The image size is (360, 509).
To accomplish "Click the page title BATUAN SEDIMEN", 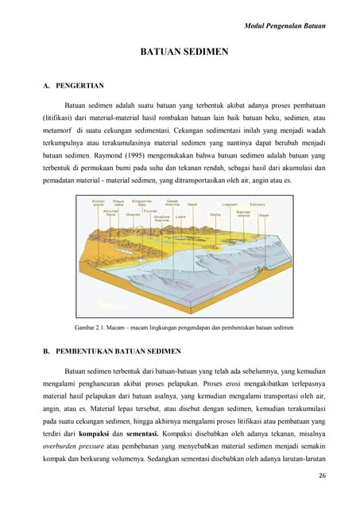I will [184, 52].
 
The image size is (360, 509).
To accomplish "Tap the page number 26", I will [322, 476].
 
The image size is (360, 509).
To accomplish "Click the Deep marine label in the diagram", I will [170, 204].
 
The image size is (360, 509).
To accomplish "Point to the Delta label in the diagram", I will [215, 214].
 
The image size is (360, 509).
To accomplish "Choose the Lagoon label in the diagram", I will [230, 204].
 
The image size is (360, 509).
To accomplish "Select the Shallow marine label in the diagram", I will [161, 217].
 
